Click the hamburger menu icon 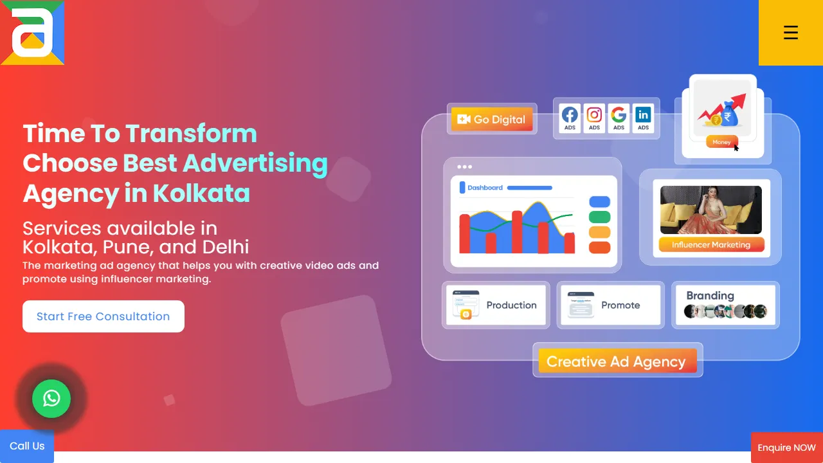click(x=790, y=33)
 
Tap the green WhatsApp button click(x=51, y=399)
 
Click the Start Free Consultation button click(x=104, y=316)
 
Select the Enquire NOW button click(x=786, y=448)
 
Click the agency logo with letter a click(x=32, y=33)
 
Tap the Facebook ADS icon click(x=570, y=118)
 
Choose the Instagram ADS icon click(x=594, y=118)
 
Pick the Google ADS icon click(x=619, y=118)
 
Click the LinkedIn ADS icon click(x=643, y=118)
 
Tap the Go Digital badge click(x=492, y=120)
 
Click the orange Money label click(x=721, y=142)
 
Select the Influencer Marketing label click(x=711, y=244)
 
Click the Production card click(x=496, y=305)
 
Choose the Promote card click(x=610, y=305)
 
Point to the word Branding click(x=710, y=296)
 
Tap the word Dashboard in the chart click(x=485, y=188)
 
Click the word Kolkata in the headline click(x=201, y=194)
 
